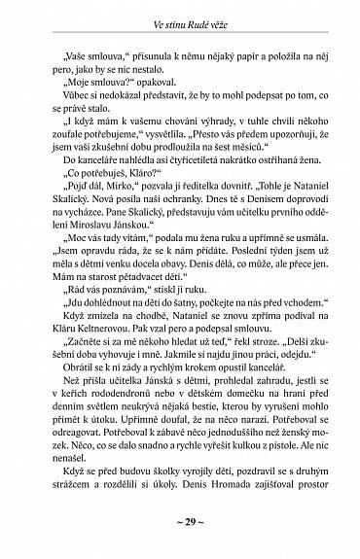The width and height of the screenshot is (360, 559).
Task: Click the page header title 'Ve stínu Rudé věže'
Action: click(x=180, y=14)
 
